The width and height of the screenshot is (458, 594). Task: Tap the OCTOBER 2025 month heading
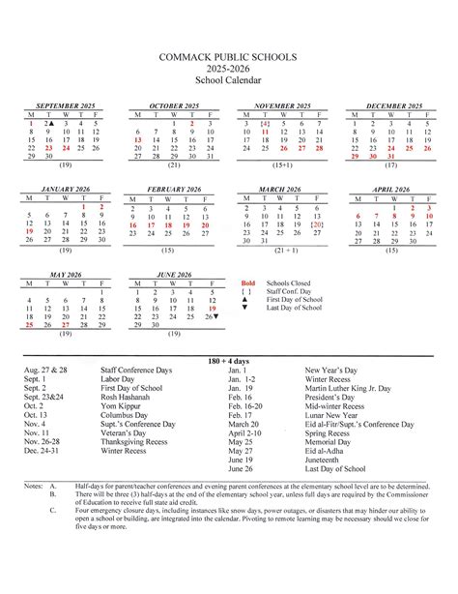174,104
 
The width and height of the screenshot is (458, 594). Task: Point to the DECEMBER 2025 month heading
391,104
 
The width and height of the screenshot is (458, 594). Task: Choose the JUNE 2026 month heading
174,274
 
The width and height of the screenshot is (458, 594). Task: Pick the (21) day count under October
174,166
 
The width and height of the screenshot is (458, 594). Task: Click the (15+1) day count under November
282,166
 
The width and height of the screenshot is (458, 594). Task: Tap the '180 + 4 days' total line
229,360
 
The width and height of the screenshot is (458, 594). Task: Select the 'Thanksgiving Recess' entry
137,439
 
